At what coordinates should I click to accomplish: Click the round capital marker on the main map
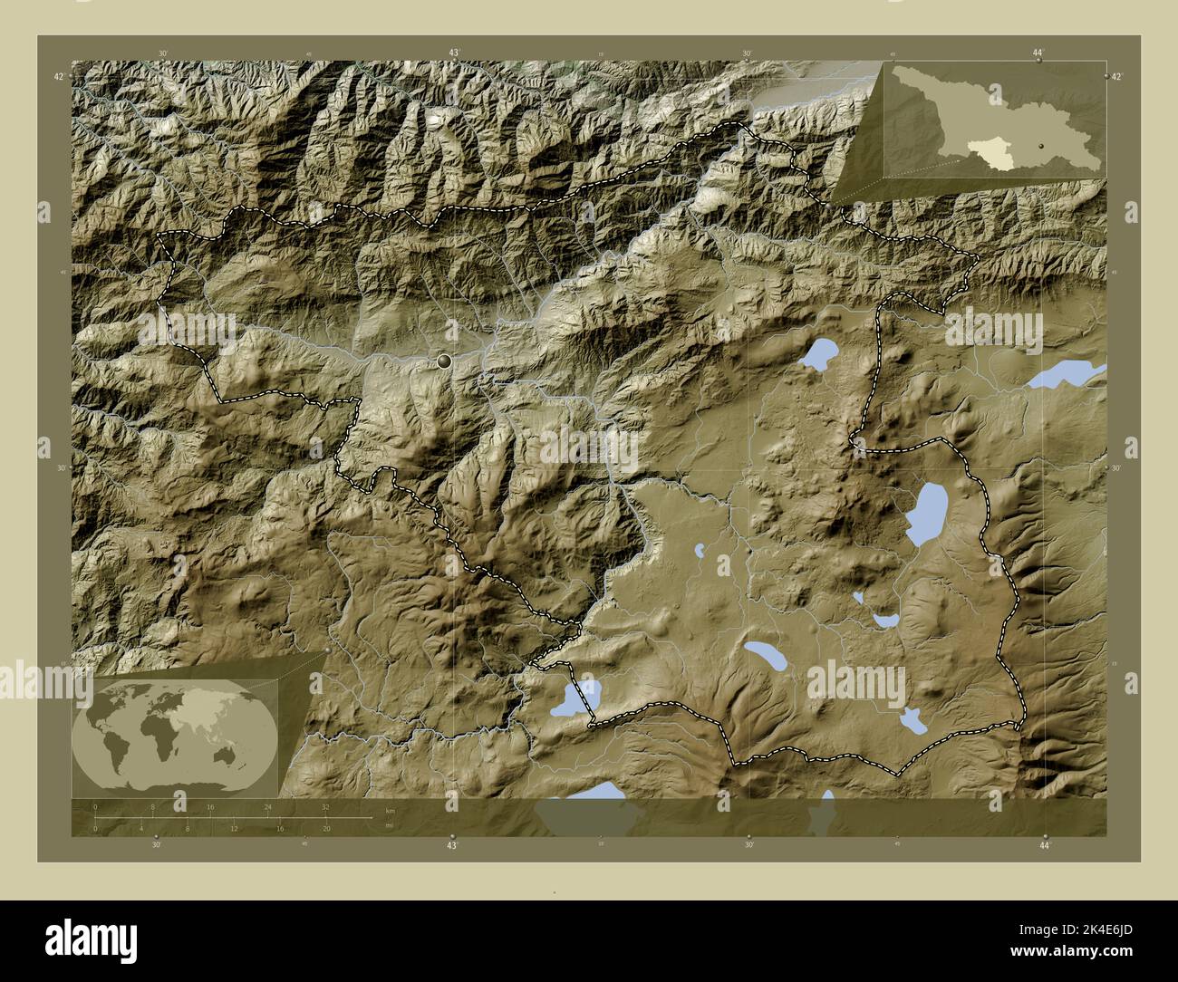(x=444, y=361)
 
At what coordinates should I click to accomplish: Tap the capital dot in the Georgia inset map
(x=1042, y=145)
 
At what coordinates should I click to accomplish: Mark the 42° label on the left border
(x=57, y=78)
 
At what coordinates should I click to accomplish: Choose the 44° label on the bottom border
(x=1045, y=845)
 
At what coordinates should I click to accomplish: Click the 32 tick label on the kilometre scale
(x=325, y=806)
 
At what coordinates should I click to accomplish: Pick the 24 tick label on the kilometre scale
(x=267, y=806)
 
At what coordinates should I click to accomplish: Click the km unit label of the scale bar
(x=391, y=810)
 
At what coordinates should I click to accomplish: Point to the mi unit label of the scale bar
(x=390, y=825)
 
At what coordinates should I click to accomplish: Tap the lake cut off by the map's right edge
(x=1069, y=373)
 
